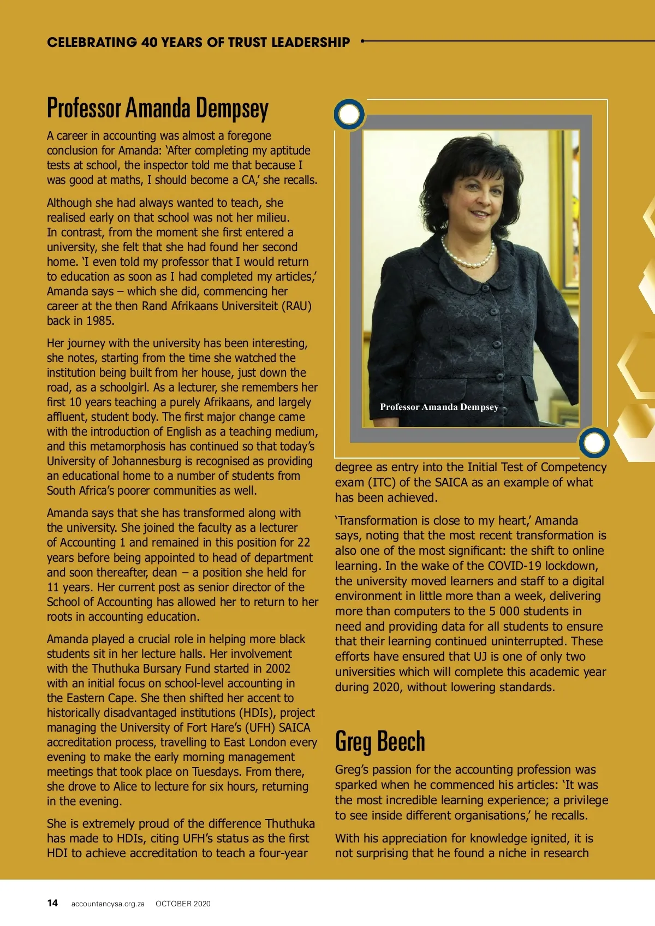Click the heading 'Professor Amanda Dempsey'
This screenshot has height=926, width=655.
[158, 108]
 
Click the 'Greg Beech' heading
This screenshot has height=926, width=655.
[380, 741]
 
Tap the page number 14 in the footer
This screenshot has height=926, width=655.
[52, 903]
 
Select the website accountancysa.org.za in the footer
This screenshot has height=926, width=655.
[108, 904]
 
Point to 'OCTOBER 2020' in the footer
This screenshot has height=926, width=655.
[183, 904]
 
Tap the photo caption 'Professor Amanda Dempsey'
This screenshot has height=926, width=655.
[439, 407]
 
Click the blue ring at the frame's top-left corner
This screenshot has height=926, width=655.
[349, 114]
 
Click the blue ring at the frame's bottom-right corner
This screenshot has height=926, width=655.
[594, 442]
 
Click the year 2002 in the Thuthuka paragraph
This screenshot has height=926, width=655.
[278, 668]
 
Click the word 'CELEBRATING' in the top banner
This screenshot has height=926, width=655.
[92, 43]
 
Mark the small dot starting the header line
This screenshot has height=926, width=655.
[362, 40]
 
